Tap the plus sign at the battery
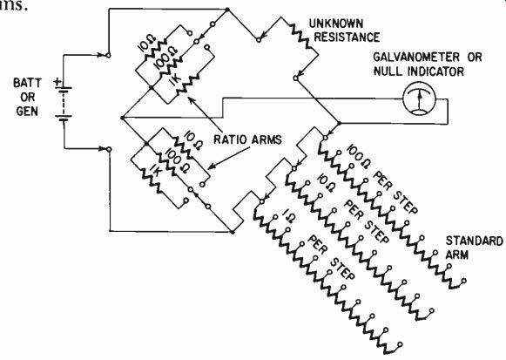pos(57,82)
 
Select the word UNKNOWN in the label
pos(336,24)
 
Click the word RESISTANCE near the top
pos(347,37)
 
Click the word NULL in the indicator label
pos(388,71)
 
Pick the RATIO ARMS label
pos(248,139)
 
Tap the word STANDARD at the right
pos(474,241)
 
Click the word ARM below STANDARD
pos(456,255)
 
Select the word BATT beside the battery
pos(27,83)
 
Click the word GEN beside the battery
pos(27,112)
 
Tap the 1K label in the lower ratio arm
pos(152,165)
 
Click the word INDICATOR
pos(435,71)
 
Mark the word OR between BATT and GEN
pos(27,97)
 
